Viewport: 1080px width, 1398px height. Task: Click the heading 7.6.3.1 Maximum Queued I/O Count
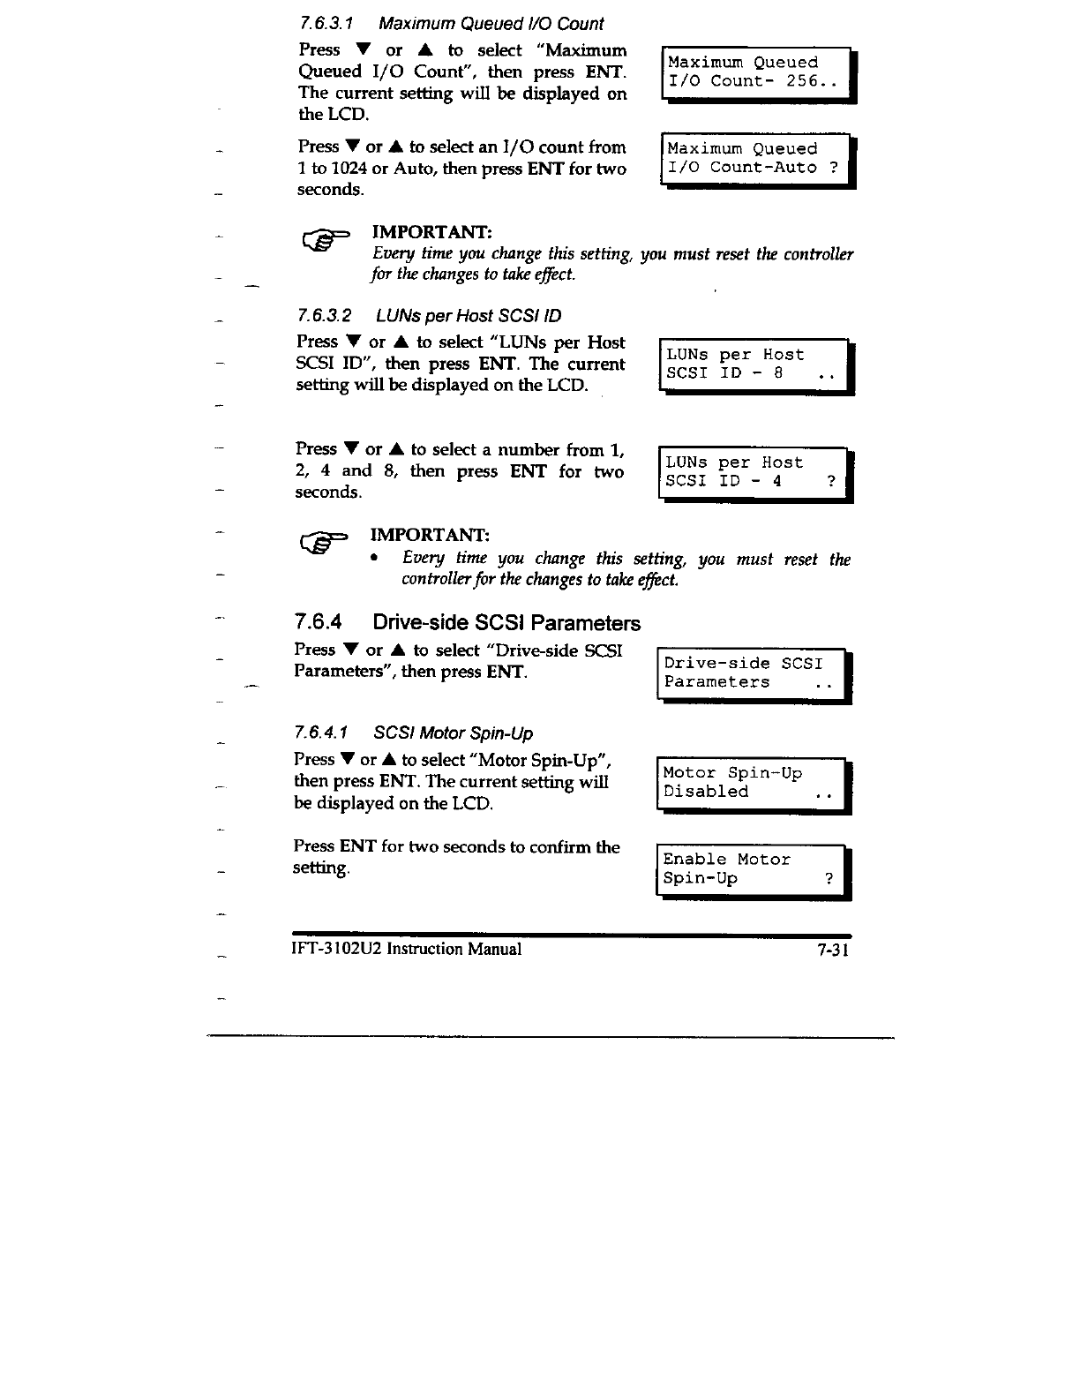[451, 24]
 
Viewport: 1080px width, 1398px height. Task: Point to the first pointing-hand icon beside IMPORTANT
[325, 238]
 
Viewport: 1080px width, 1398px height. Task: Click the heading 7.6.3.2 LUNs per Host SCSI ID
[430, 316]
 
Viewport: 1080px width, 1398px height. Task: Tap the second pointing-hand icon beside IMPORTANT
[323, 542]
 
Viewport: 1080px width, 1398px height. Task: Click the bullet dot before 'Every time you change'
[376, 559]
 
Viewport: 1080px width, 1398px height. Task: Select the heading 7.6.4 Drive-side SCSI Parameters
[468, 623]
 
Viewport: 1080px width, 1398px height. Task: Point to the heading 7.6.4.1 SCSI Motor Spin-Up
[414, 733]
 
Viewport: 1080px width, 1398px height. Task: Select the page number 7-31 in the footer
[832, 950]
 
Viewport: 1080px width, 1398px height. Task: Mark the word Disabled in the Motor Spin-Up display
[706, 792]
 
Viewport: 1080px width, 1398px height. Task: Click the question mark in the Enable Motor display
[829, 878]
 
